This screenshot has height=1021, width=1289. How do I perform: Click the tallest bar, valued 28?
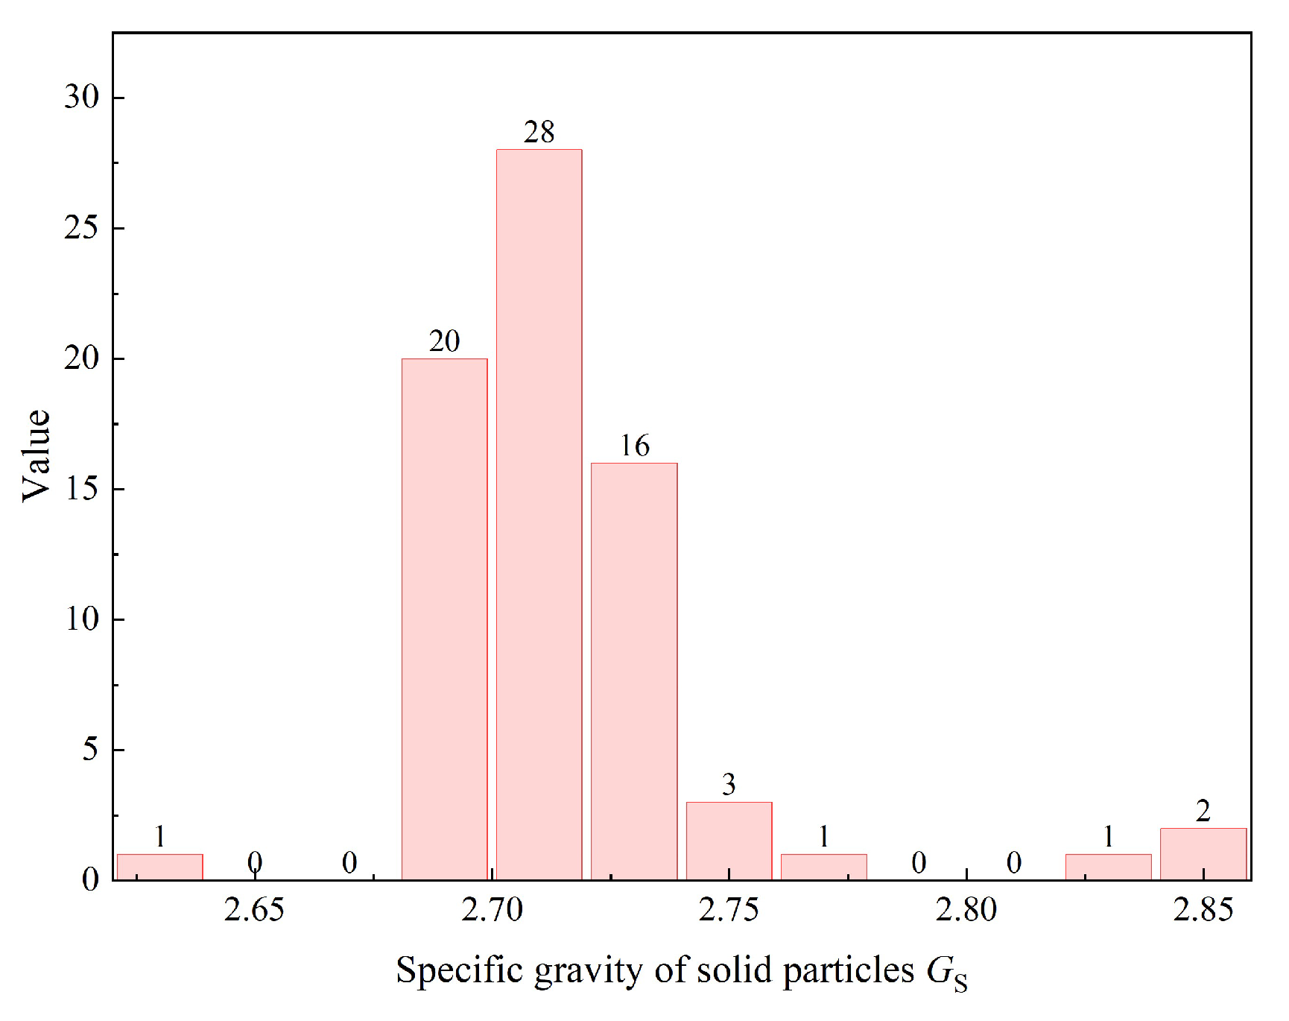pyautogui.click(x=539, y=514)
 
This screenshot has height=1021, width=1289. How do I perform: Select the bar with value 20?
pyautogui.click(x=444, y=619)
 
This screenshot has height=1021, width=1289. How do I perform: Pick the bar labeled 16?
pyautogui.click(x=634, y=671)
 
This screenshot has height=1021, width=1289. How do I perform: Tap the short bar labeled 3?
pyautogui.click(x=729, y=841)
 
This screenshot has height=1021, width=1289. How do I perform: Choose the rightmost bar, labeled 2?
pyautogui.click(x=1203, y=854)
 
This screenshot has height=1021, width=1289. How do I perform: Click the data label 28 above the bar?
pyautogui.click(x=539, y=133)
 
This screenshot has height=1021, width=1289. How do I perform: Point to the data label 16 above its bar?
pyautogui.click(x=635, y=446)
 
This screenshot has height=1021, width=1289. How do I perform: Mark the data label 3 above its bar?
pyautogui.click(x=729, y=784)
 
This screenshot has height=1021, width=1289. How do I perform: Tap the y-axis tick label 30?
pyautogui.click(x=81, y=97)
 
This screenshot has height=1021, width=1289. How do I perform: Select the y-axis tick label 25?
pyautogui.click(x=81, y=227)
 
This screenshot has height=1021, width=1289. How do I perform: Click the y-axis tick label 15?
pyautogui.click(x=81, y=488)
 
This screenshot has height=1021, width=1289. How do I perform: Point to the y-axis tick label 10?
pyautogui.click(x=81, y=619)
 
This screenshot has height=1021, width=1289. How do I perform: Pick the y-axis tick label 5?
pyautogui.click(x=89, y=749)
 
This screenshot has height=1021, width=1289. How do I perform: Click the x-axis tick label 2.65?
pyautogui.click(x=254, y=910)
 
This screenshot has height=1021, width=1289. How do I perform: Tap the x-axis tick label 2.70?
pyautogui.click(x=492, y=910)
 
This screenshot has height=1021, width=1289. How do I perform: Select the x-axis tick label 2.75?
pyautogui.click(x=729, y=910)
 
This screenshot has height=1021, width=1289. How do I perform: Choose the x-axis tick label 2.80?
pyautogui.click(x=966, y=910)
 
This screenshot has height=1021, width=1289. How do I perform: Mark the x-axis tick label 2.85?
pyautogui.click(x=1203, y=910)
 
